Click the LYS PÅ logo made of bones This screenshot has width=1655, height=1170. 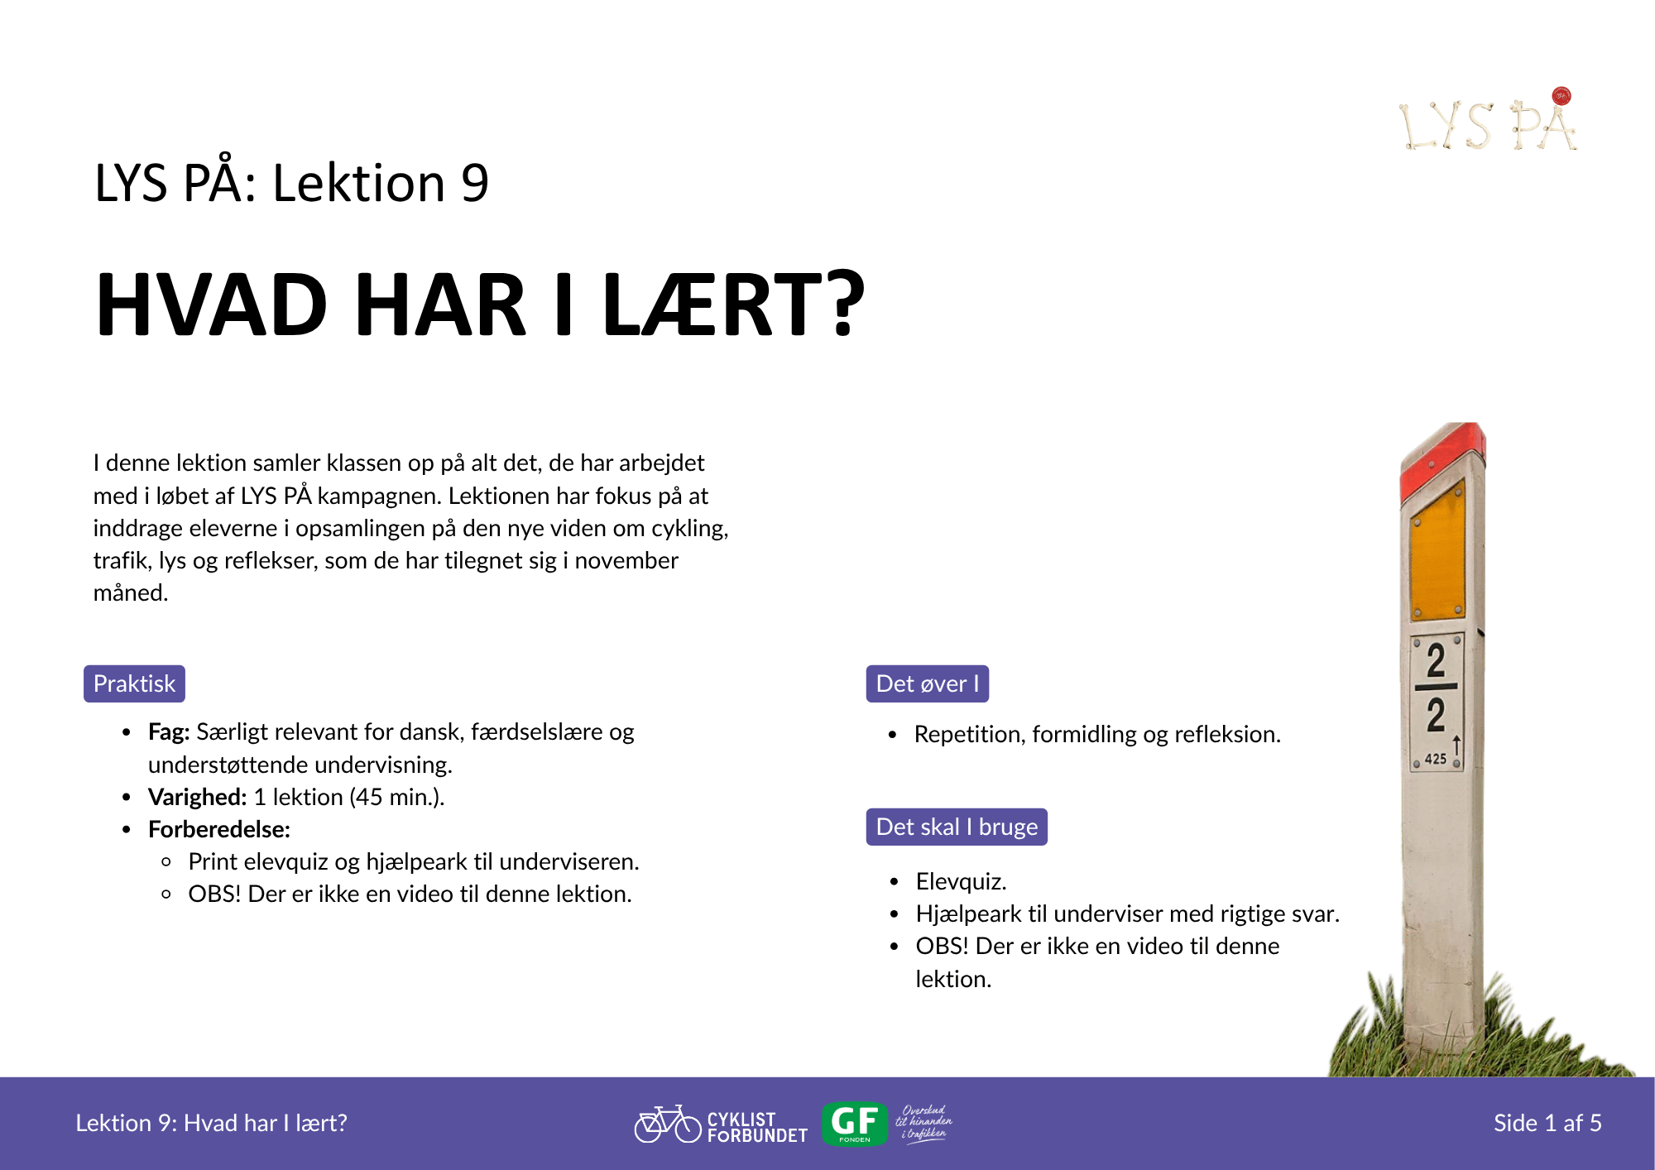(x=1488, y=121)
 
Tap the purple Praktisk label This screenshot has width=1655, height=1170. (x=134, y=683)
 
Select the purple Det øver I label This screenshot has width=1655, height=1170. (x=927, y=683)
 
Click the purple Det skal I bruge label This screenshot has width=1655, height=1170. (x=957, y=827)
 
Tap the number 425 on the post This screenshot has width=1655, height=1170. (x=1436, y=759)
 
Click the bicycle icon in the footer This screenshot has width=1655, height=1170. (x=668, y=1124)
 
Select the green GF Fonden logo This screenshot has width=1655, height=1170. (x=855, y=1124)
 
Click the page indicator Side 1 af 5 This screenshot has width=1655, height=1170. (x=1547, y=1123)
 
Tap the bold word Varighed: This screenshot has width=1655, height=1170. (x=197, y=797)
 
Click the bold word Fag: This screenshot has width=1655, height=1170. (x=169, y=732)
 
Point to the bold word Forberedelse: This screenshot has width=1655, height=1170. (x=219, y=829)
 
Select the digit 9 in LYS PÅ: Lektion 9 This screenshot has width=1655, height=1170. (x=475, y=183)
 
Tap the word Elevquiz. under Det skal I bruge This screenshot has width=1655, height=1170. (x=961, y=881)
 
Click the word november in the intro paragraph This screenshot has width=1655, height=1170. (x=626, y=560)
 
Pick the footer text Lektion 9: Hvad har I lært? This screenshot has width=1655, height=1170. (x=211, y=1123)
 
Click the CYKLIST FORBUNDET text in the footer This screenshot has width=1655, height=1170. (x=757, y=1127)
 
